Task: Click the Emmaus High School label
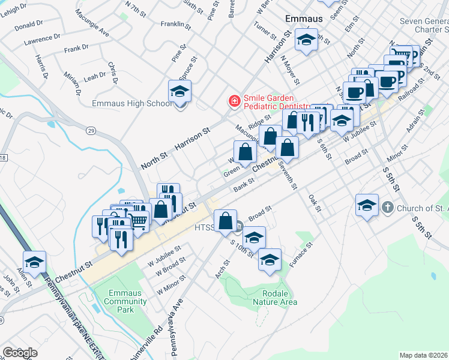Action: click(132, 104)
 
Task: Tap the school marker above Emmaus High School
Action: click(179, 92)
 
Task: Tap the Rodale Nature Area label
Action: click(276, 298)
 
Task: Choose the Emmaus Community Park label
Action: click(125, 301)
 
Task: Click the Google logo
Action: click(20, 352)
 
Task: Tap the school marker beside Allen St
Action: click(35, 262)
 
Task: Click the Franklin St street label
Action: click(175, 26)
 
